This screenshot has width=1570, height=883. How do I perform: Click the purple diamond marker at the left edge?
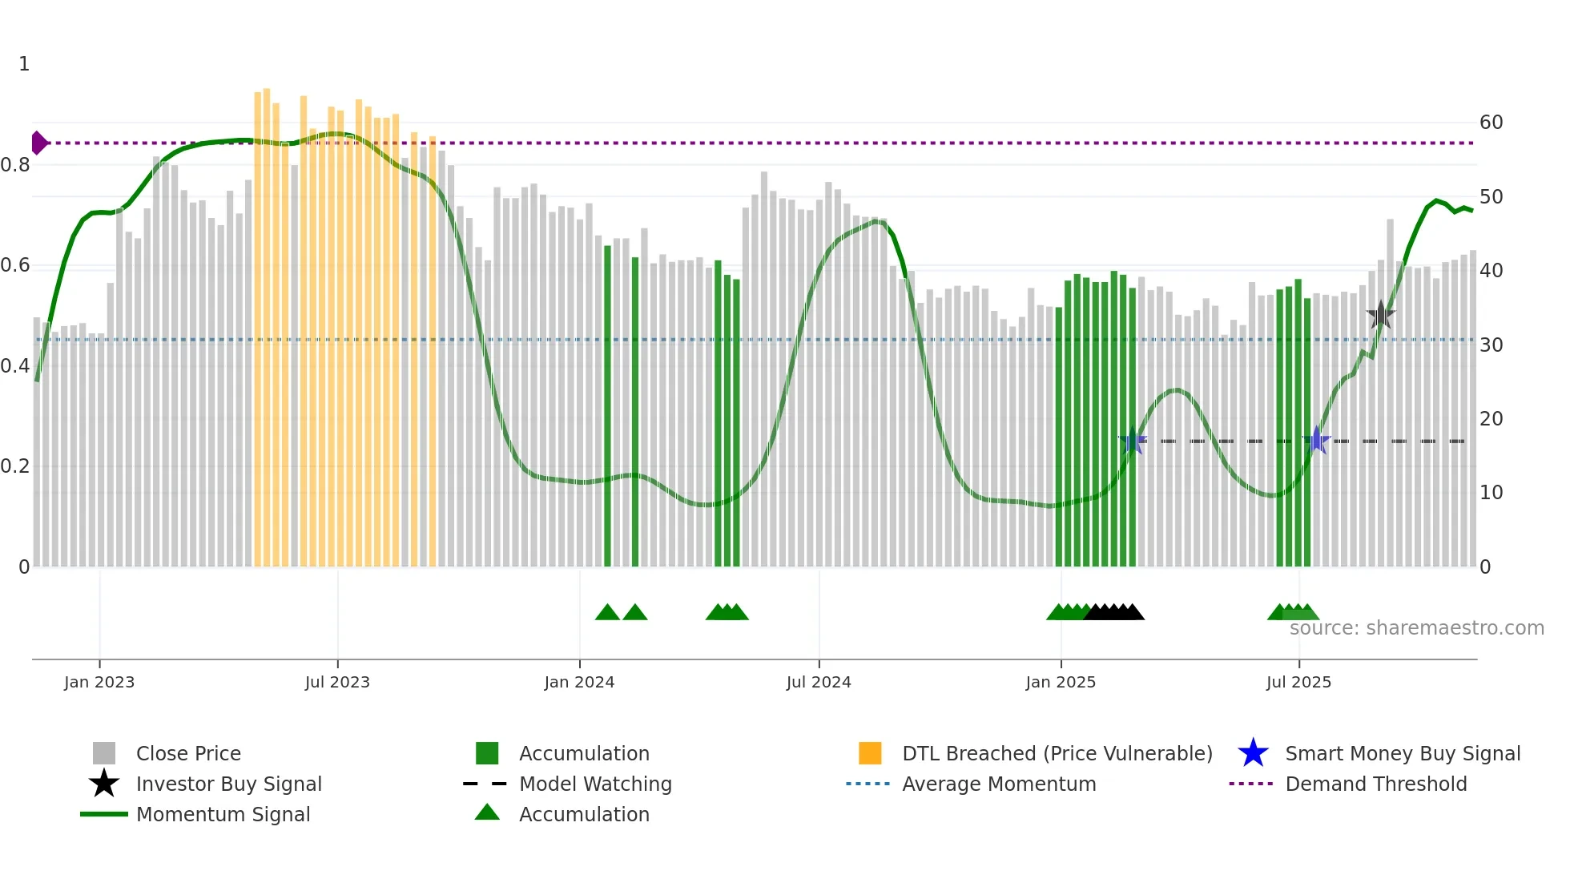coord(38,143)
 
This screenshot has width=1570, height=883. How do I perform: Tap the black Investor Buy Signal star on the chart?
coord(1380,315)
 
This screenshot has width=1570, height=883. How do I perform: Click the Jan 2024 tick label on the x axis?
coord(579,682)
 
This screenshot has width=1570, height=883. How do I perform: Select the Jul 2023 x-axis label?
coord(337,682)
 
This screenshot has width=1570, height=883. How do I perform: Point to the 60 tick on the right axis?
coord(1491,123)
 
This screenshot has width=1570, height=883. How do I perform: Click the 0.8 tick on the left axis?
coord(15,165)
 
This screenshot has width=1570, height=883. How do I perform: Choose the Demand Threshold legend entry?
coord(1375,784)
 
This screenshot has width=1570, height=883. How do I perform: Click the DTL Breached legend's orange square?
coord(870,753)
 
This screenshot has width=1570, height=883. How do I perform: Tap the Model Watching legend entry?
coord(594,784)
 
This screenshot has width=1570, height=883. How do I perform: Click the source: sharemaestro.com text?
coord(1416,628)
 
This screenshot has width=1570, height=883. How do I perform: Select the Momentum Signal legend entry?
coord(223,814)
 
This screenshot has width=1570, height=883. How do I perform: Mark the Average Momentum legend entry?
coord(998,784)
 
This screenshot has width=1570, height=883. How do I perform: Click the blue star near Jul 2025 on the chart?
coord(1316,440)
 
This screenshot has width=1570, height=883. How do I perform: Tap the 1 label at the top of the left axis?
coord(24,64)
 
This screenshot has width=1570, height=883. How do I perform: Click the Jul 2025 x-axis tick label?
coord(1298,682)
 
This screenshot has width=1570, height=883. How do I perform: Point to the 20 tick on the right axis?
coord(1491,418)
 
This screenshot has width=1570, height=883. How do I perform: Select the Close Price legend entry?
coord(187,753)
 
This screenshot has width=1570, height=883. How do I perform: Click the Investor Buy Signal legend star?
coord(104,784)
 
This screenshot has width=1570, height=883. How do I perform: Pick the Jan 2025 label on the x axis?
coord(1061,682)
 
